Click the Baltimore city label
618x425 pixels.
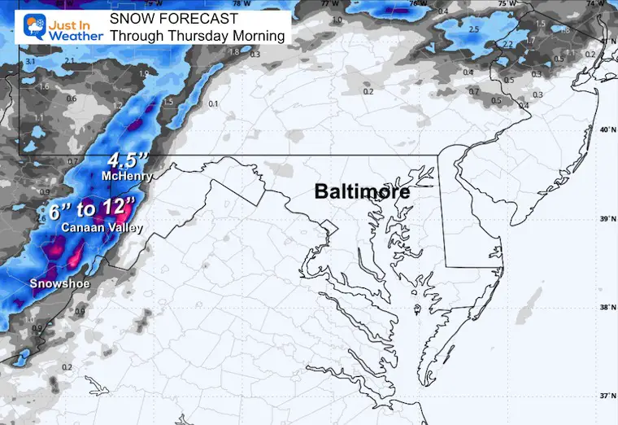[362, 193]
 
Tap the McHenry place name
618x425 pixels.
[124, 176]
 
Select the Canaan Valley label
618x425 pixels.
[102, 228]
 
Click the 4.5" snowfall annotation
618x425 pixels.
[126, 160]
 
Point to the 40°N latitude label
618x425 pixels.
[604, 130]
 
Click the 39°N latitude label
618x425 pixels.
[604, 220]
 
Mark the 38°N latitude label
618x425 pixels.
[604, 308]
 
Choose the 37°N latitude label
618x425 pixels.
[604, 396]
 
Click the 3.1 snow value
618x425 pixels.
[30, 62]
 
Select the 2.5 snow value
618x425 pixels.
[473, 30]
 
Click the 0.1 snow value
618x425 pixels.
[213, 104]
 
